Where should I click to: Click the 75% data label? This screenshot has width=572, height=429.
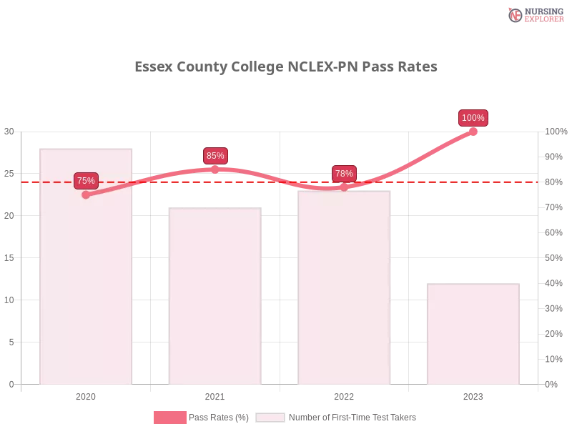[86, 181]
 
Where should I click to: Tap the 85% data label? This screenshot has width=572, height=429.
[215, 156]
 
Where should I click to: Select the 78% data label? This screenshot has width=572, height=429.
[344, 174]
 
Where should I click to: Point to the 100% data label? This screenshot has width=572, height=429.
[473, 118]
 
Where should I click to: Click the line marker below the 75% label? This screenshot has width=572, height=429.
[86, 194]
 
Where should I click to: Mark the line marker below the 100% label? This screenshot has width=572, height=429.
[473, 132]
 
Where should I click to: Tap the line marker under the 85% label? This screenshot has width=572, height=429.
[215, 169]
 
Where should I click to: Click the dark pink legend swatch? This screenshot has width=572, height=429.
[169, 417]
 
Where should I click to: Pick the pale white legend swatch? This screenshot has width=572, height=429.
[270, 417]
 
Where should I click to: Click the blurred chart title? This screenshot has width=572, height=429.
[286, 67]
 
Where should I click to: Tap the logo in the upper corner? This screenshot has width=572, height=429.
[534, 14]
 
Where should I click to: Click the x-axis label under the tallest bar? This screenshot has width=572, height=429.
[86, 395]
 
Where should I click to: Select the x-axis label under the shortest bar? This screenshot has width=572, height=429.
[473, 395]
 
